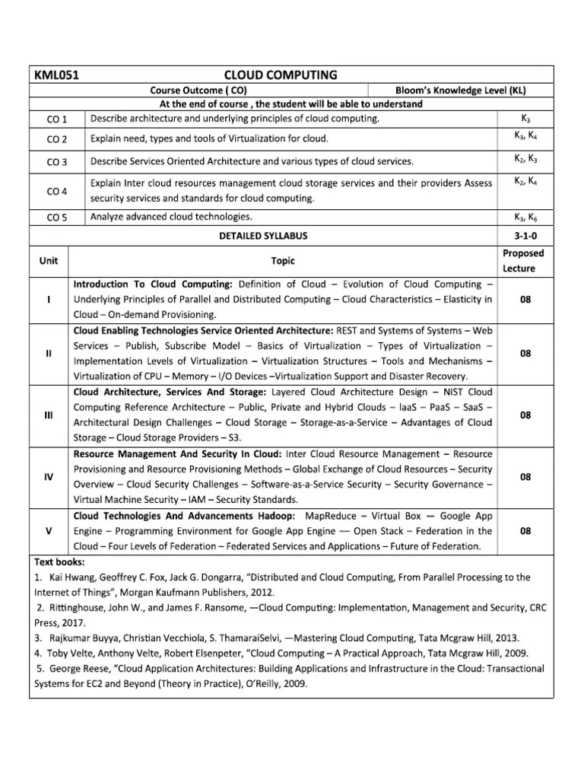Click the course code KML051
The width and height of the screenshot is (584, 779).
57,75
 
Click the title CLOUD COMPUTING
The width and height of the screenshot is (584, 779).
281,75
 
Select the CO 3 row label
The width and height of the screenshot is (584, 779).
57,162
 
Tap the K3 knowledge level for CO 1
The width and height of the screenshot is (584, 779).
525,119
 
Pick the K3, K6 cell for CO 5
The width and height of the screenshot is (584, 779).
525,217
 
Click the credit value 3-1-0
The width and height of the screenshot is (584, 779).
525,236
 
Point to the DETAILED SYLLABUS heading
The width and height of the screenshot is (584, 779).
264,236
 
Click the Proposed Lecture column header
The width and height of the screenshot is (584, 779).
525,260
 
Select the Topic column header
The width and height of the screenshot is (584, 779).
282,260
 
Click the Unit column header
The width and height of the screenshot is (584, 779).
49,260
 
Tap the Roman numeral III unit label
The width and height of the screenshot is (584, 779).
49,415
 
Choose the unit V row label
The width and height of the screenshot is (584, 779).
49,532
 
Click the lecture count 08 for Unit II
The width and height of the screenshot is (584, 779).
525,354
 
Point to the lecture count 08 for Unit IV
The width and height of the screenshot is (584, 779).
525,477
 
